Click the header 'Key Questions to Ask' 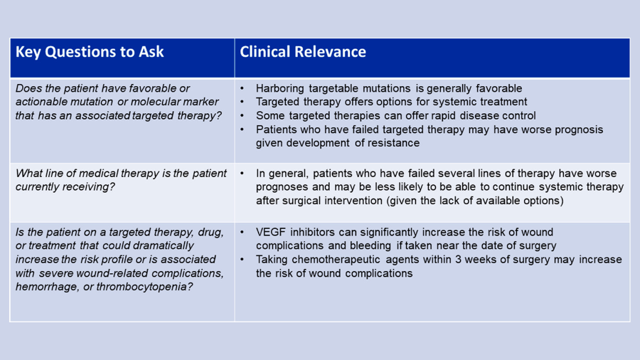[x=90, y=52]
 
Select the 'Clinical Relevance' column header [x=303, y=52]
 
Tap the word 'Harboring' [x=283, y=89]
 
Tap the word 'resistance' [x=394, y=143]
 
